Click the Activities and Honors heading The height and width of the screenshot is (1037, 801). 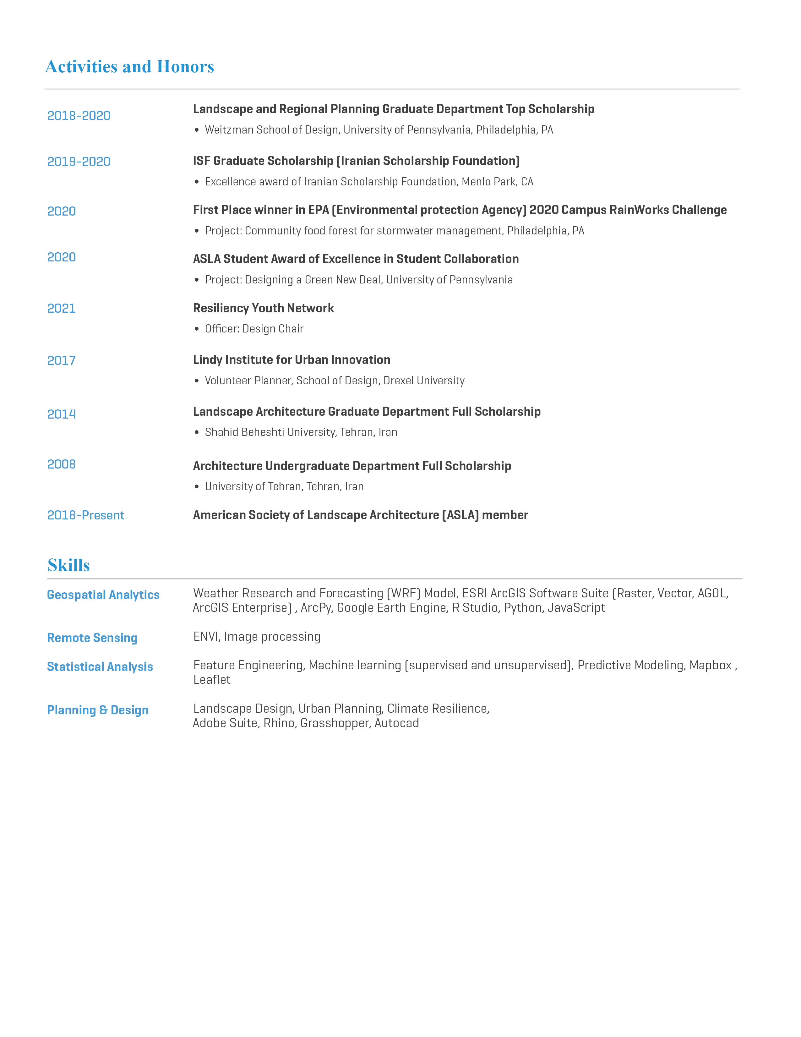pos(129,67)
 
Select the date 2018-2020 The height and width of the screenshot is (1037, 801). pos(79,116)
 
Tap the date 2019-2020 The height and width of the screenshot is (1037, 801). pos(79,162)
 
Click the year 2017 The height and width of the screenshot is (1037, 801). pos(62,361)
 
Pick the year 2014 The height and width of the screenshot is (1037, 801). pos(62,414)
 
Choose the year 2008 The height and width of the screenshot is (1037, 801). pos(62,464)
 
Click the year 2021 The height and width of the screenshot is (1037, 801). pos(62,309)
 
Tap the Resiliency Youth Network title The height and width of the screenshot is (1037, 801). pos(263,309)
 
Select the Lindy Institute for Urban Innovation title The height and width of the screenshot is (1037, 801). pos(292,360)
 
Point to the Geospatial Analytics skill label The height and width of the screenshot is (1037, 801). pos(103,595)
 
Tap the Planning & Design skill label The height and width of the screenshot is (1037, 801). pos(98,710)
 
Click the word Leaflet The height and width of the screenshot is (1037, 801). pos(212,680)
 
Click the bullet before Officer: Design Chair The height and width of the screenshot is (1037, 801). pos(196,329)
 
